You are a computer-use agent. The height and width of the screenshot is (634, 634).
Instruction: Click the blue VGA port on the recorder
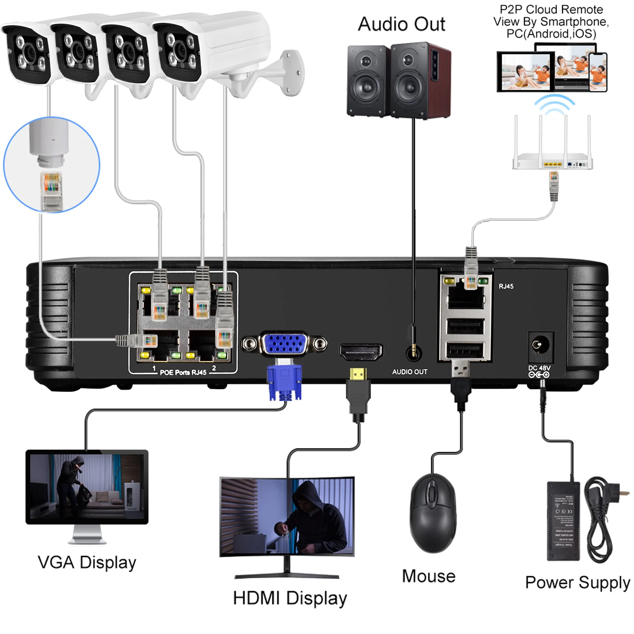(x=284, y=344)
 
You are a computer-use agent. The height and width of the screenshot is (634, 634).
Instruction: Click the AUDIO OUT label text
(x=409, y=372)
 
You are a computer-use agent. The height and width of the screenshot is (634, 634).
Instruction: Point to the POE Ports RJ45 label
(x=183, y=372)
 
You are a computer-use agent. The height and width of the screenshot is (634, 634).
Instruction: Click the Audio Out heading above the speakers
(x=401, y=24)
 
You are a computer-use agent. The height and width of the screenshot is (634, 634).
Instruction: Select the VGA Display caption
(x=87, y=563)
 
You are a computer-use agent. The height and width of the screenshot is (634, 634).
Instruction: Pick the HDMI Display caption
(x=290, y=598)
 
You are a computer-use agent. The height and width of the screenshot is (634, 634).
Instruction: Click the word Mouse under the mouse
(x=428, y=576)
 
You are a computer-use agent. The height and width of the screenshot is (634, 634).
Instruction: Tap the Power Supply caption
(x=577, y=582)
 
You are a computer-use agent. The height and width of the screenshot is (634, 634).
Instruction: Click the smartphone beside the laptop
(x=598, y=72)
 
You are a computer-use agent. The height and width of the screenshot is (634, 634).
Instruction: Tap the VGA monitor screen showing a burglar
(x=87, y=486)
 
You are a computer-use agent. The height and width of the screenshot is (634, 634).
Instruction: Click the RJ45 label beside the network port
(x=506, y=286)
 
